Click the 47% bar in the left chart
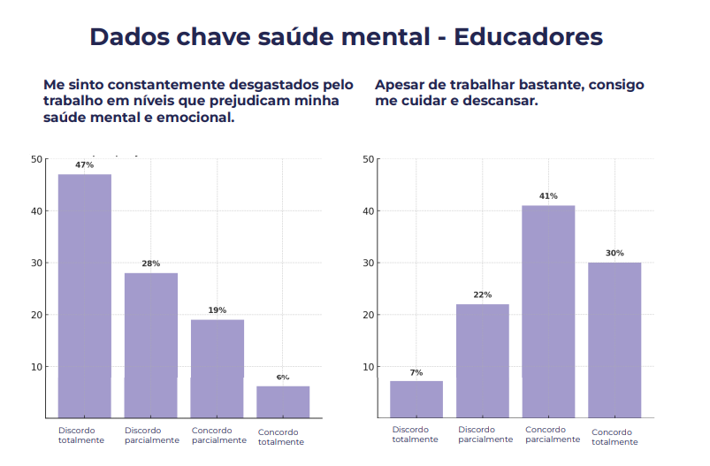point(85,295)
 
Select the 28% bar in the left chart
point(150,345)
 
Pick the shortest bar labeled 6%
point(283,401)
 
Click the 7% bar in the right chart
point(416,399)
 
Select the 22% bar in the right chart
point(483,361)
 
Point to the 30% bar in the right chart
point(615,340)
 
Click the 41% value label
point(548,196)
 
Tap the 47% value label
point(85,165)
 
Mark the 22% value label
point(483,294)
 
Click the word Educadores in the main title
point(528,37)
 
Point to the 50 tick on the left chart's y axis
point(36,159)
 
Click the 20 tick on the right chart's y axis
point(368,315)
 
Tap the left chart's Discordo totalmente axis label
point(81,435)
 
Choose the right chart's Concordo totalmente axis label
point(615,437)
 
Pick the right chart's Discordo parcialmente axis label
point(485,434)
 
